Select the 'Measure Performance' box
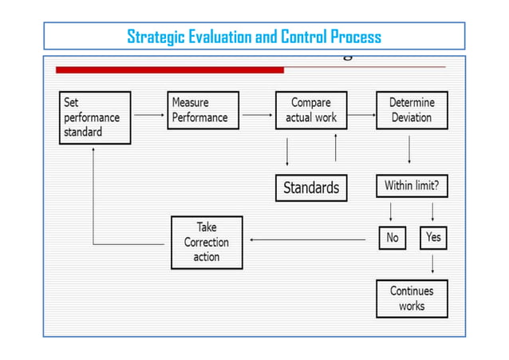click(x=203, y=110)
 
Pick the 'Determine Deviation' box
click(x=412, y=110)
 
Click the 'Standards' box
click(x=311, y=188)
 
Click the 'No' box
click(x=392, y=238)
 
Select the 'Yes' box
click(x=433, y=238)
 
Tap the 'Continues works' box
click(x=412, y=299)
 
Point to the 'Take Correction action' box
click(x=206, y=242)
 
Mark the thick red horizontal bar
click(x=169, y=70)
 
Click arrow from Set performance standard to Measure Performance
click(x=148, y=115)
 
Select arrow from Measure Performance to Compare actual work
click(x=256, y=115)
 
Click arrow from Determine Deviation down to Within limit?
click(x=409, y=151)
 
